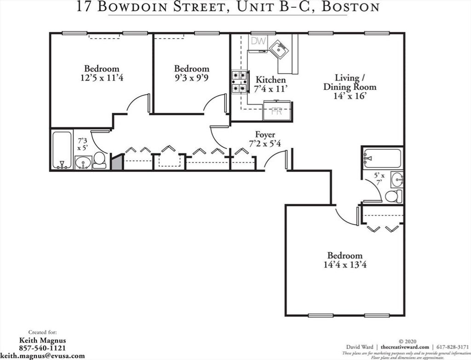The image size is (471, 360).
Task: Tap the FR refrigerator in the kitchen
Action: pos(277,110)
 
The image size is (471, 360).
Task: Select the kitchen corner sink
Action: pos(280,50)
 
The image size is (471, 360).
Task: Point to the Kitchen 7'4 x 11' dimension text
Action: pos(270,89)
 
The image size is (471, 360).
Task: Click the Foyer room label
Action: pos(265,134)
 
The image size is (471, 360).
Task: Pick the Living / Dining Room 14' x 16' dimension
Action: pos(350,96)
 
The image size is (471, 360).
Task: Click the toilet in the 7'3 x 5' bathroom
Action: pos(99,160)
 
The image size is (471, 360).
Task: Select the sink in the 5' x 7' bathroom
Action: pos(397,180)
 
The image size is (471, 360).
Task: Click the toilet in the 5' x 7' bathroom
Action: pos(394,196)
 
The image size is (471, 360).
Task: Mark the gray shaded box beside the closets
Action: pos(117,163)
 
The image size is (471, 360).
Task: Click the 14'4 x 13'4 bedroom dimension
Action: pos(345,265)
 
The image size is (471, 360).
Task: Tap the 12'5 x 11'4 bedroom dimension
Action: pos(102,78)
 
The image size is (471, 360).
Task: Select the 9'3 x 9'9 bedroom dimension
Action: pos(191,78)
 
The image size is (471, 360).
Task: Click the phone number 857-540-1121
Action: pos(42,348)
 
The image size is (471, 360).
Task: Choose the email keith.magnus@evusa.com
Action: pos(43,356)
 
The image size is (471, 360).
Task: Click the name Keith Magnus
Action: pos(42,341)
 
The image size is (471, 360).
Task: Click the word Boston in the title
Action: pos(350,6)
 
